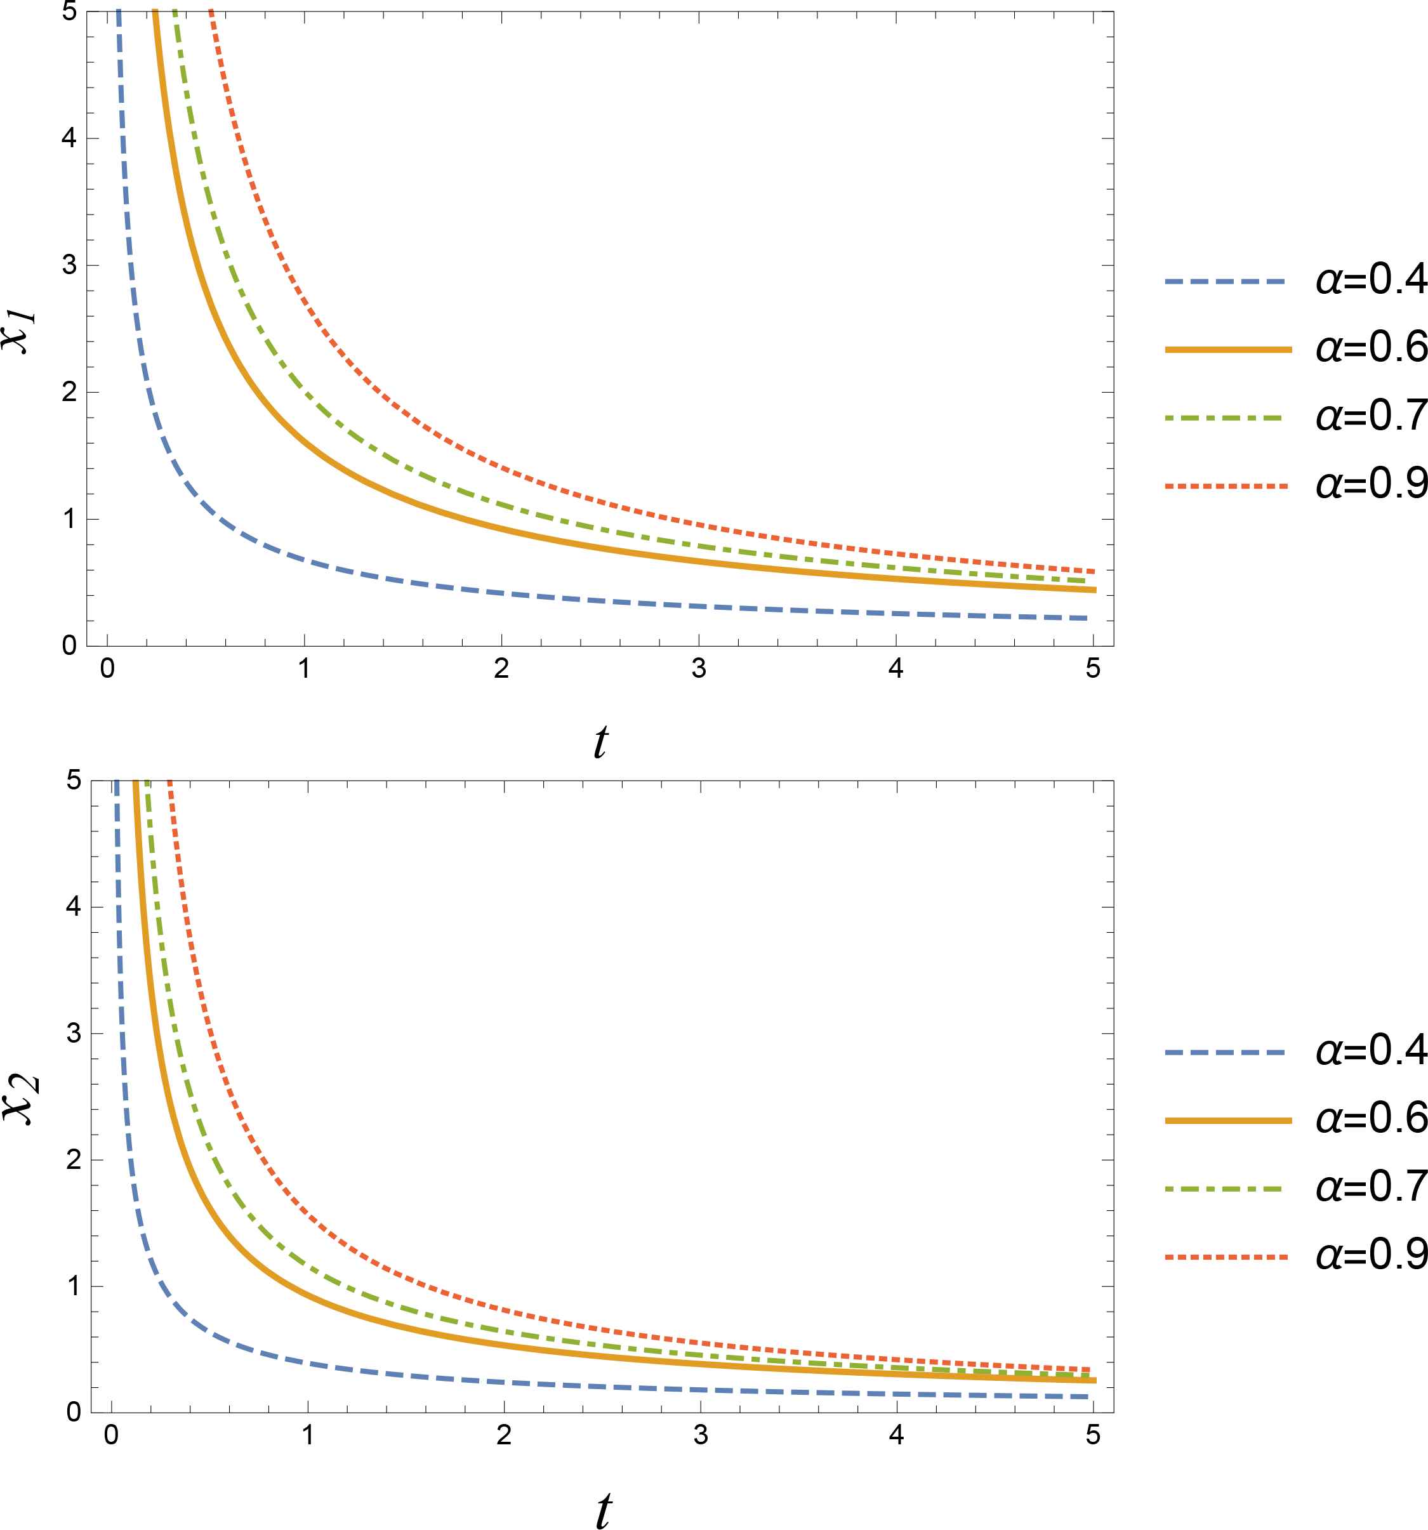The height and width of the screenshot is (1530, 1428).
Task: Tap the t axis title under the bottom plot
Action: point(604,1510)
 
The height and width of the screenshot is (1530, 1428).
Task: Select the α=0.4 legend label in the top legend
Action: point(1371,279)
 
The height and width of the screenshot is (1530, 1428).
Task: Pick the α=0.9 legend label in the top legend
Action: point(1371,484)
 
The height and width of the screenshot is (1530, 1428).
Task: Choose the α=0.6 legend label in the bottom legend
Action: point(1371,1118)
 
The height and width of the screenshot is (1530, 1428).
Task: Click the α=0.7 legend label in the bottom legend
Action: point(1371,1186)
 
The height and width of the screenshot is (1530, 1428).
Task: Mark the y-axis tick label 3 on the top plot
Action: point(69,265)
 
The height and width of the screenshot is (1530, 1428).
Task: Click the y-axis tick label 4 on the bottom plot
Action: point(73,907)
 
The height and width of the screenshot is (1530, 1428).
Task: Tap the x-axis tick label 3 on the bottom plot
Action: point(701,1435)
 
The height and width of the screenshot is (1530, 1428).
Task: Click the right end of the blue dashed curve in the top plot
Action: point(1086,618)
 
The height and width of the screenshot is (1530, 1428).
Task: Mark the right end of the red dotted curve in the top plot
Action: point(1092,571)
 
